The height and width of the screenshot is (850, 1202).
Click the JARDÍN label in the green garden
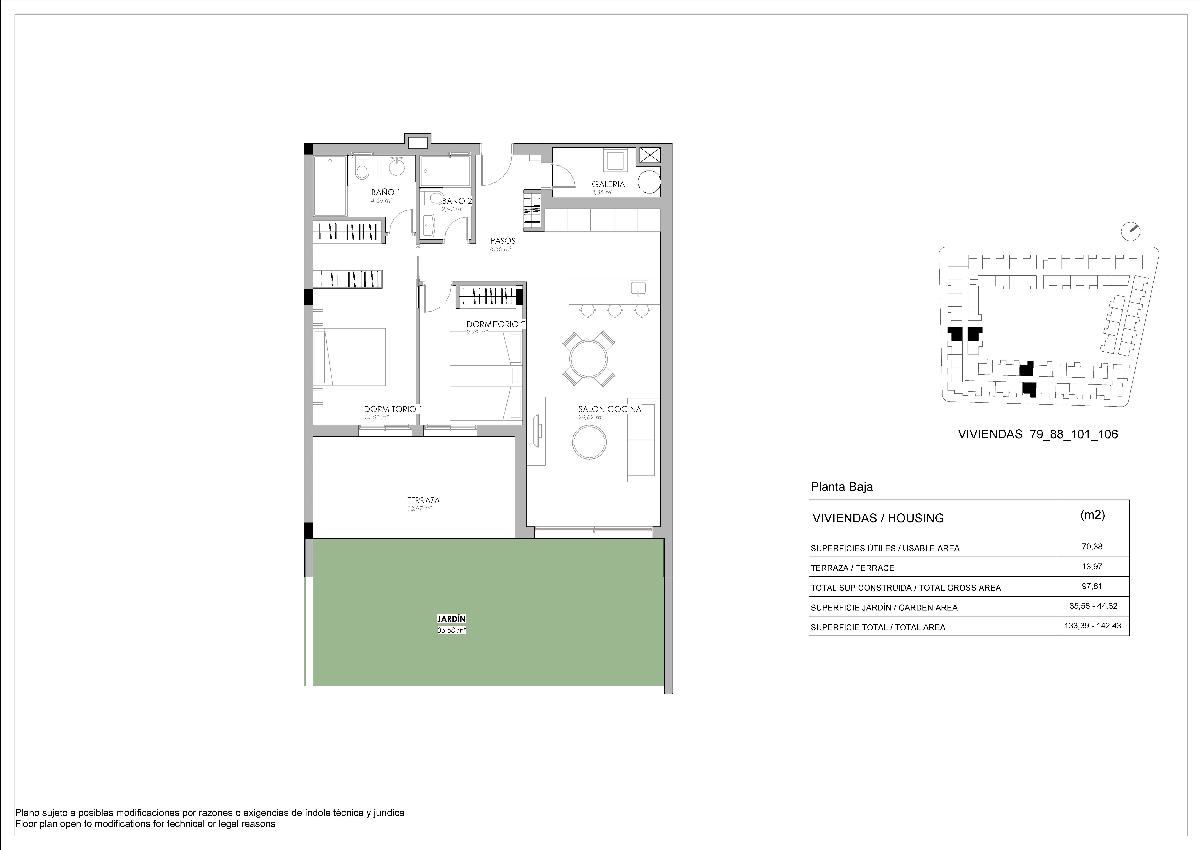coord(451,619)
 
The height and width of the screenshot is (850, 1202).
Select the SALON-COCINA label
coord(609,409)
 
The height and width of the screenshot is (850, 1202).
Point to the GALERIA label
coord(608,184)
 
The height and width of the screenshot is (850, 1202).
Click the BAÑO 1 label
coord(386,192)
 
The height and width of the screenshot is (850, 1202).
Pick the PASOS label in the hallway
coord(503,241)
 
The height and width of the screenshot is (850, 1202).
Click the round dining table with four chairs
coord(589,359)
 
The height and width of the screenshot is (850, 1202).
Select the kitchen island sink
coord(638,289)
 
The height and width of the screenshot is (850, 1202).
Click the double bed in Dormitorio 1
coord(350,357)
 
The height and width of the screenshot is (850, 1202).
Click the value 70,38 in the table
coord(1092,547)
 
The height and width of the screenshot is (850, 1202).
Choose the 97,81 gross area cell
coord(1092,587)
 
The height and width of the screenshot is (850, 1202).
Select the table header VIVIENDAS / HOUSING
coord(878,518)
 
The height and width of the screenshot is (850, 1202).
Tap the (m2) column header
coord(1093,515)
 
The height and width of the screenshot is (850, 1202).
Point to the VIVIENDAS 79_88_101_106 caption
coord(1038,434)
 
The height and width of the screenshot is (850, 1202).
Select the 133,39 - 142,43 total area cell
coord(1093,626)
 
